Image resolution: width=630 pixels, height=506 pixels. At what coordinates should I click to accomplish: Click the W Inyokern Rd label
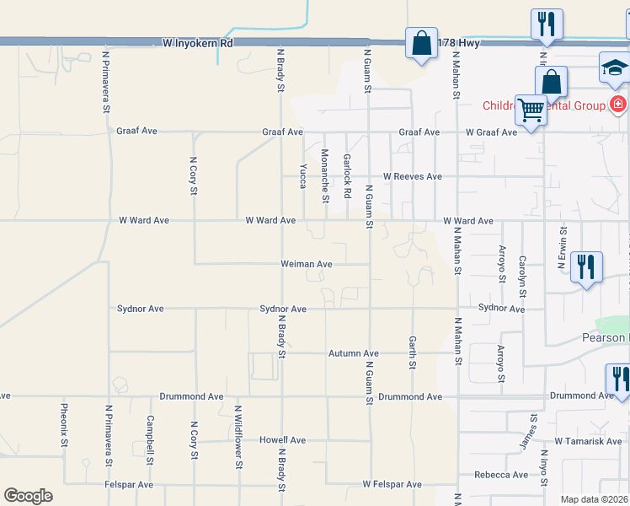[197, 41]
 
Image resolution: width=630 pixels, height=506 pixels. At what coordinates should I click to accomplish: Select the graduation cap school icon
[615, 67]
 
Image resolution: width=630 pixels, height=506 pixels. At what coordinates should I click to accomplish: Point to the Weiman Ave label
[307, 264]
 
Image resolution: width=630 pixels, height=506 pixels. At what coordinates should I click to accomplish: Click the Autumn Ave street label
[354, 353]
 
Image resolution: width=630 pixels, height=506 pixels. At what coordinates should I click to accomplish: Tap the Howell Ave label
[282, 440]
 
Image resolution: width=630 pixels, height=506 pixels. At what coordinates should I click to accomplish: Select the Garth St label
[413, 352]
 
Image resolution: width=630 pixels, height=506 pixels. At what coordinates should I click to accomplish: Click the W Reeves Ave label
[412, 177]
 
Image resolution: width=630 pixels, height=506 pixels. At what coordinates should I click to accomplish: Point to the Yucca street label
[302, 175]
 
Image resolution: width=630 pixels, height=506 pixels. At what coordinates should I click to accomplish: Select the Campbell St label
[150, 440]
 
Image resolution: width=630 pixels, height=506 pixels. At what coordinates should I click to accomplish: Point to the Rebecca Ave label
[501, 475]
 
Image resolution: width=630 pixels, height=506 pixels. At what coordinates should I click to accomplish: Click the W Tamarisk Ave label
[588, 442]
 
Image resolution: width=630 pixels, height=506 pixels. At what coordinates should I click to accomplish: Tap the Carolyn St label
[522, 276]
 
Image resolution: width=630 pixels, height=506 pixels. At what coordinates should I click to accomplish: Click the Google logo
[28, 496]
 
